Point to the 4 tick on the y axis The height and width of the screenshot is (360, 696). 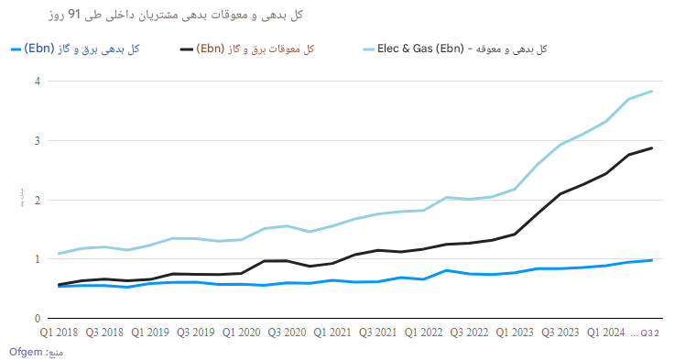(38, 82)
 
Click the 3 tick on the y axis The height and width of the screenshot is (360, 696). (38, 141)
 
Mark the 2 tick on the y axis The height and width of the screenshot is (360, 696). (38, 200)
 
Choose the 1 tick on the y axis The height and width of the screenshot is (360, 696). (38, 259)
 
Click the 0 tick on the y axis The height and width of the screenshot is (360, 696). (38, 318)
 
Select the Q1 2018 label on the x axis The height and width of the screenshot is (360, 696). (60, 333)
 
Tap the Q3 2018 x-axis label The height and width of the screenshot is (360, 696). (105, 333)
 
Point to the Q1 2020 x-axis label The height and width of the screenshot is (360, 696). (243, 333)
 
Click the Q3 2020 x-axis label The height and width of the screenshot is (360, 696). (288, 333)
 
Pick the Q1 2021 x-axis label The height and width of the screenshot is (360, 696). (333, 333)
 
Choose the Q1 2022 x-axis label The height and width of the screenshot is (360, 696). (424, 333)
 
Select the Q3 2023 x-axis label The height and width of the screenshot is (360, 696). (560, 333)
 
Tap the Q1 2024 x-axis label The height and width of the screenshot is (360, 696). (606, 333)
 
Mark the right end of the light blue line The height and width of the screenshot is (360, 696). (652, 91)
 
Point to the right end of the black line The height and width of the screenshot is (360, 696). (652, 147)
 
